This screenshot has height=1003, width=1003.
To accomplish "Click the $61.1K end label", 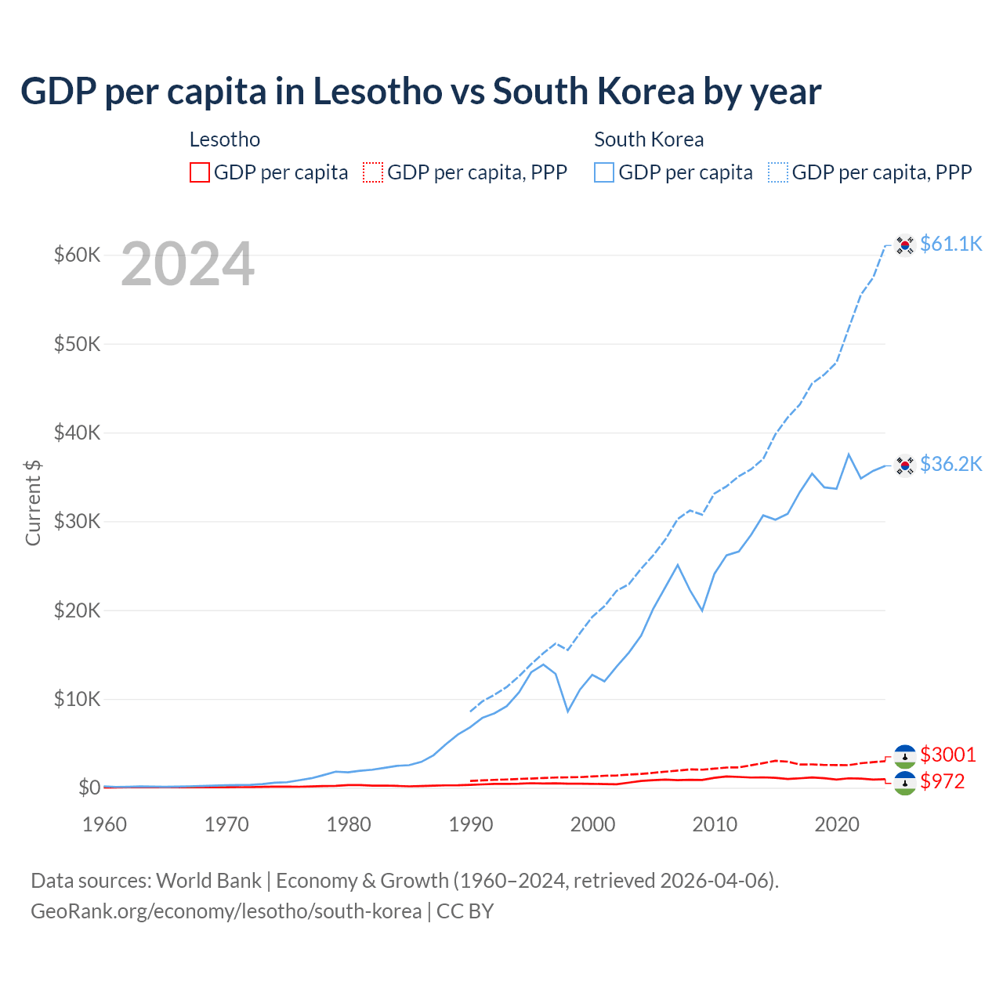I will pyautogui.click(x=950, y=244).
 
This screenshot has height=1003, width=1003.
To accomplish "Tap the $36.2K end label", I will pyautogui.click(x=950, y=465).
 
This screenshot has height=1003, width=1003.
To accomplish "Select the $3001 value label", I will pyautogui.click(x=947, y=755).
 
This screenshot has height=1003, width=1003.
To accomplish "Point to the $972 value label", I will pyautogui.click(x=942, y=781).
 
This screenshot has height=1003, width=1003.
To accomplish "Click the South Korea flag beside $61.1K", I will pyautogui.click(x=905, y=245).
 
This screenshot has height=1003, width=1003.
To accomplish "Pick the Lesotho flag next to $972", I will pyautogui.click(x=905, y=783).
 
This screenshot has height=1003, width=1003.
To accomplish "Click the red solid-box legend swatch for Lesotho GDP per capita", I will pyautogui.click(x=200, y=172).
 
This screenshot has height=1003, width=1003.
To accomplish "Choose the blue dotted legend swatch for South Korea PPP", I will pyautogui.click(x=778, y=172).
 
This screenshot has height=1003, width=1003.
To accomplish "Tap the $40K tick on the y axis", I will pyautogui.click(x=77, y=433).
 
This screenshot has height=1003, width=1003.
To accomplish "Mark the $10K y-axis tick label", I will pyautogui.click(x=77, y=699).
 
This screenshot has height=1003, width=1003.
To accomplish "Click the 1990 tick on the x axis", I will pyautogui.click(x=471, y=824).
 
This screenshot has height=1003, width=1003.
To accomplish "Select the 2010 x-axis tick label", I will pyautogui.click(x=715, y=824).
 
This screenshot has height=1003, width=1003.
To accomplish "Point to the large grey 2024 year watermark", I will pyautogui.click(x=187, y=265).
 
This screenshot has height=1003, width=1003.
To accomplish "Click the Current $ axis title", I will pyautogui.click(x=33, y=502).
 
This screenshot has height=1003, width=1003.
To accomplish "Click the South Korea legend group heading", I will pyautogui.click(x=649, y=139).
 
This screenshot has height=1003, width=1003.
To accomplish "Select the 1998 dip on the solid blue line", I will pyautogui.click(x=568, y=711).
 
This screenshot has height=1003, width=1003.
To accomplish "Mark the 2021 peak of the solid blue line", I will pyautogui.click(x=849, y=454).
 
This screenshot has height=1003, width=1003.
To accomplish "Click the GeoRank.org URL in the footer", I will pyautogui.click(x=226, y=911).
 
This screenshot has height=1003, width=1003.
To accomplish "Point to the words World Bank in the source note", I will pyautogui.click(x=208, y=881).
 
